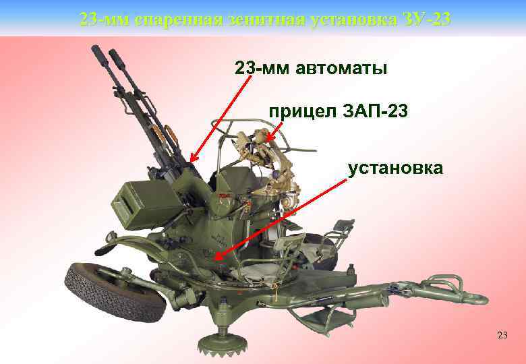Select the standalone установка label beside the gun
click(x=395, y=166)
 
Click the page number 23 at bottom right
click(x=502, y=335)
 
